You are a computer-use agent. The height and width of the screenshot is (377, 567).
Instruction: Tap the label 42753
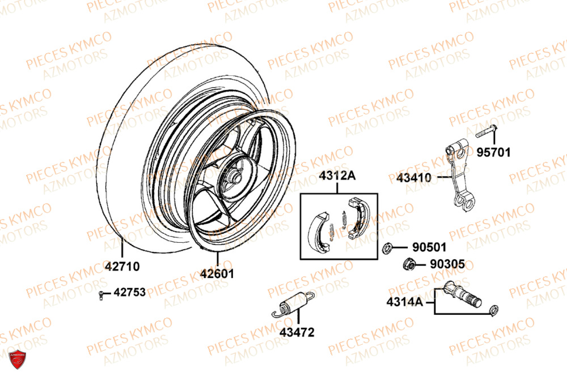click(130, 293)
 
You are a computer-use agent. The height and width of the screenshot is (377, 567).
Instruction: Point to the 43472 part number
click(296, 332)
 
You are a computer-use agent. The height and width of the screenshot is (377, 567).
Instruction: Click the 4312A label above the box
click(337, 176)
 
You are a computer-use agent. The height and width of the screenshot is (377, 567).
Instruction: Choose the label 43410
click(414, 178)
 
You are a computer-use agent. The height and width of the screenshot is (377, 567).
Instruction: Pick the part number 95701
click(493, 152)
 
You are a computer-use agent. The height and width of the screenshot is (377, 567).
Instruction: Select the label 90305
click(447, 264)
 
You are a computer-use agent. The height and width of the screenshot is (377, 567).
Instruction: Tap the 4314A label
click(405, 302)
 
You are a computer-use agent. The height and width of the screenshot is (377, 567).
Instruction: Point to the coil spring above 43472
click(293, 303)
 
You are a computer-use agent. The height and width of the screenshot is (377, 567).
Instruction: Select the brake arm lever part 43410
click(458, 175)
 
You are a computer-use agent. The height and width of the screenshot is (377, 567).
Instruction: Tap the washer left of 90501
click(389, 247)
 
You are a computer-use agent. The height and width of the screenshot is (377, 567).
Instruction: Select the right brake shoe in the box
click(358, 215)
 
